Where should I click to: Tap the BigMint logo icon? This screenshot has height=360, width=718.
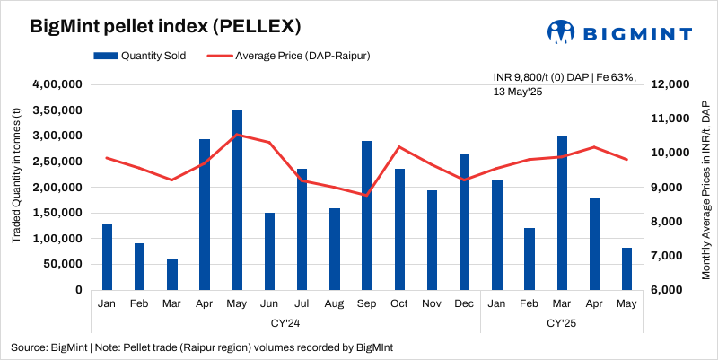562,32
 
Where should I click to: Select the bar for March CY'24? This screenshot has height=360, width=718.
172,274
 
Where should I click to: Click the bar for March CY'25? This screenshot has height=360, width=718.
562,213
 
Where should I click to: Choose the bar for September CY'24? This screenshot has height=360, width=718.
367,215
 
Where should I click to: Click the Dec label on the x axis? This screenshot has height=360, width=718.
464,305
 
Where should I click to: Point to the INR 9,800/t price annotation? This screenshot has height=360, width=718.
565,84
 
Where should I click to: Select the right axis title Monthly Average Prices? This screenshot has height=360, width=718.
705,188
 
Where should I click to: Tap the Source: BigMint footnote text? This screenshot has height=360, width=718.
201,347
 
